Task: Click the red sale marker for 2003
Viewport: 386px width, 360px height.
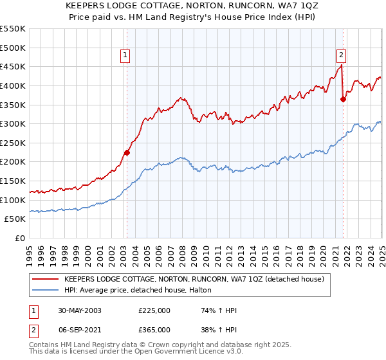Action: coord(127,152)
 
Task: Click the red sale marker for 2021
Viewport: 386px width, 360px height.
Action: coord(343,98)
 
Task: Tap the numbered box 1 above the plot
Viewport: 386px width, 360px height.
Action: coord(125,55)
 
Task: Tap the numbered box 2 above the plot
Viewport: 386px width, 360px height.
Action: coord(341,55)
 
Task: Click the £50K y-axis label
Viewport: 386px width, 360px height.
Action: coord(15,219)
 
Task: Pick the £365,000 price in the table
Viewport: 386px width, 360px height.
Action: coord(154,329)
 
